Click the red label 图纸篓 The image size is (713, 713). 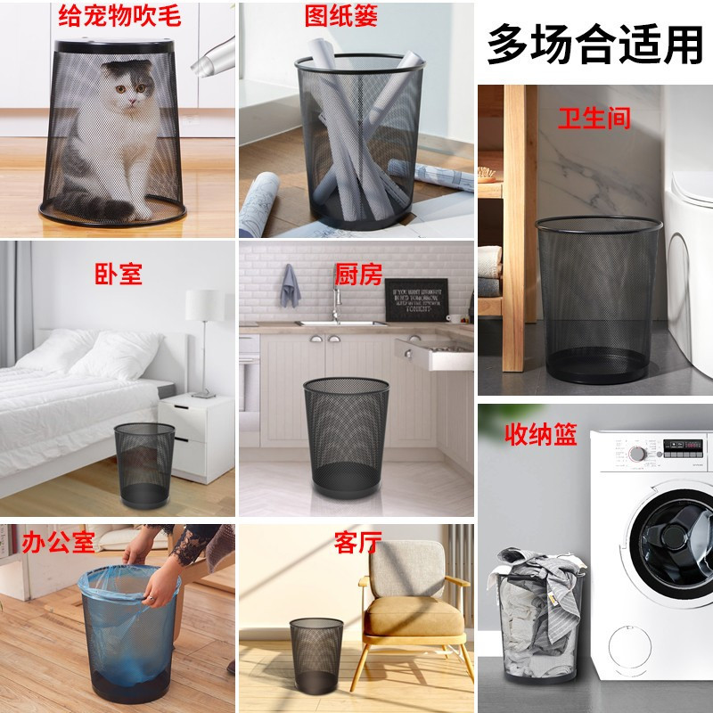pyautogui.click(x=355, y=15)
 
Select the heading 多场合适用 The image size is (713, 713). pyautogui.click(x=595, y=42)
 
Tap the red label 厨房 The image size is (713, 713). pyautogui.click(x=356, y=271)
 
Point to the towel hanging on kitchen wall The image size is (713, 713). pyautogui.click(x=289, y=283)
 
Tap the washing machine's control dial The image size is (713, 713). pyautogui.click(x=636, y=453)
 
